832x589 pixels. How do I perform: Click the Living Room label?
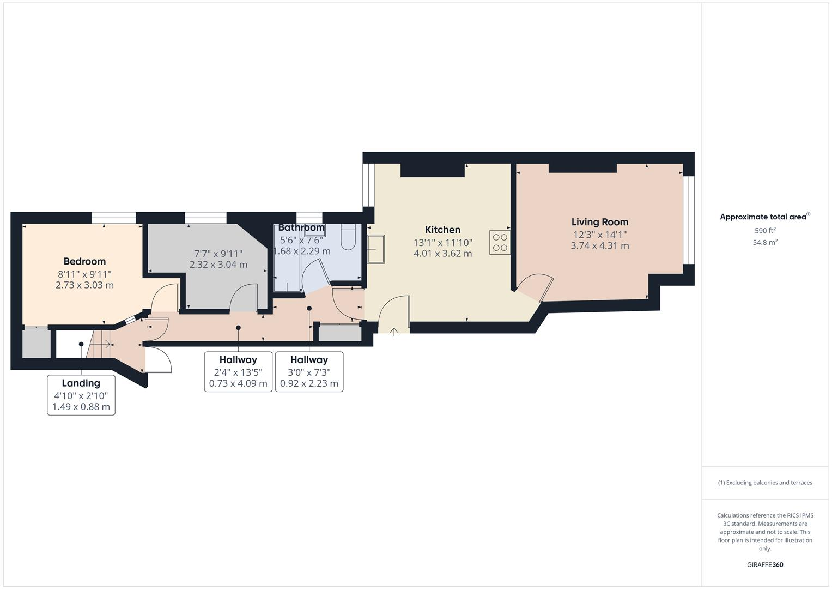(x=599, y=222)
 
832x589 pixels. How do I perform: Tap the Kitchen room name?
(x=442, y=230)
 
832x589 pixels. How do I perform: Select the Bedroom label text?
(x=84, y=261)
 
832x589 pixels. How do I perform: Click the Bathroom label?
(x=301, y=227)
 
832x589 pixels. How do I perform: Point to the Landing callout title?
(x=81, y=383)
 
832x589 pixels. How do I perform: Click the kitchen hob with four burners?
(x=500, y=243)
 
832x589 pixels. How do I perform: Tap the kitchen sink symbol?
(x=376, y=249)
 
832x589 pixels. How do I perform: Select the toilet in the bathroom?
(x=348, y=236)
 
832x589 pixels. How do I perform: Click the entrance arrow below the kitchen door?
(x=394, y=330)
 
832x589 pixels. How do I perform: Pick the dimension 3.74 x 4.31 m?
(x=599, y=246)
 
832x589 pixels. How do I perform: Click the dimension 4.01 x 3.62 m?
(x=442, y=254)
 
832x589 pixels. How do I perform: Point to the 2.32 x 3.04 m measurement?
(x=218, y=265)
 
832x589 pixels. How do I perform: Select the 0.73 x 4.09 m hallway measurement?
(x=238, y=383)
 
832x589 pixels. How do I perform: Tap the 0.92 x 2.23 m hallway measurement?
(x=309, y=383)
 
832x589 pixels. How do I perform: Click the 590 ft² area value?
(x=765, y=231)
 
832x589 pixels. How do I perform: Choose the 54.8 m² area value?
(x=765, y=243)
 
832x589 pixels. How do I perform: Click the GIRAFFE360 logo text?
(x=765, y=565)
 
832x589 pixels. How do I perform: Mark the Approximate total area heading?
(x=764, y=217)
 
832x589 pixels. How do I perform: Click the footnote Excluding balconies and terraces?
(x=765, y=483)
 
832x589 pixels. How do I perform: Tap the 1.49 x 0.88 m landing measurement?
(x=81, y=407)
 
